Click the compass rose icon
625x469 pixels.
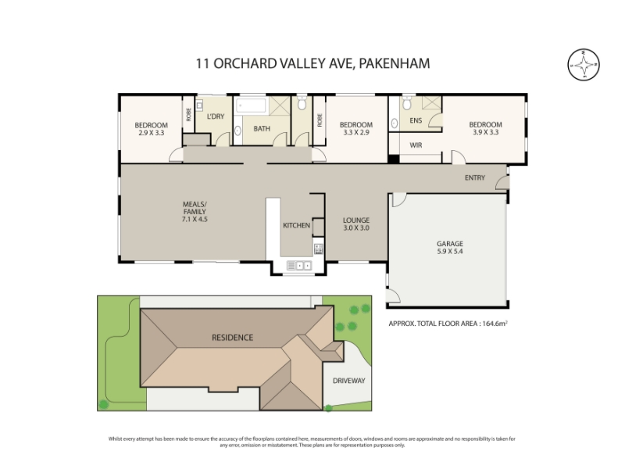[x=584, y=65]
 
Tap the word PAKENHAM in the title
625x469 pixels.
[x=395, y=63]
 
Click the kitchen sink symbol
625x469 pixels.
[x=299, y=265]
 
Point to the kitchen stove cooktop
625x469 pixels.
[x=318, y=249]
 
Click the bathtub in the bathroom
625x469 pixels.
[x=251, y=106]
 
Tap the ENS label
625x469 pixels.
[x=416, y=120]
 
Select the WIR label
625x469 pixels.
[x=416, y=145]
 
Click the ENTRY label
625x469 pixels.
[x=475, y=177]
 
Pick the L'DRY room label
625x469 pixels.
[x=216, y=116]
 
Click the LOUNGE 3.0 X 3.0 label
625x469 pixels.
[x=356, y=224]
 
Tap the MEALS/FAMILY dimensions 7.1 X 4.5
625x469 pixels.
[x=195, y=219]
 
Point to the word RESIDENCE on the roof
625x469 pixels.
[x=232, y=338]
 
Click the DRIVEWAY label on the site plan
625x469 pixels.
[x=348, y=381]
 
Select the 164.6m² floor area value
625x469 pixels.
[x=495, y=324]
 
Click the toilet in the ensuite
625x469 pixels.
[x=406, y=103]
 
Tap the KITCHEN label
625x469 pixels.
[x=297, y=225]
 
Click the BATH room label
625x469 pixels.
[x=262, y=128]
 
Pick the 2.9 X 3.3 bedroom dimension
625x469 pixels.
[x=151, y=133]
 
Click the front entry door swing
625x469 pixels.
[x=502, y=183]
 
